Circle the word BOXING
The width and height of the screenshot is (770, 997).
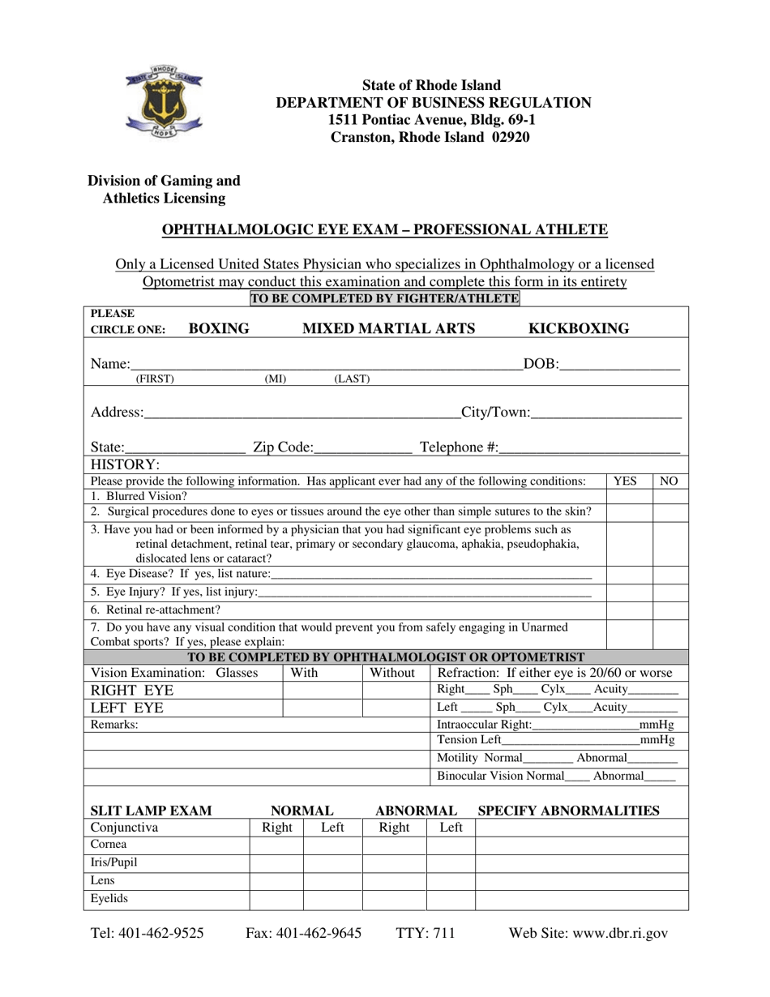(x=219, y=328)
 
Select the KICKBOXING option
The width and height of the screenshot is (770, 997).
(x=579, y=328)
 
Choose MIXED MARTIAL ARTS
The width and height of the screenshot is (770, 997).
(x=388, y=328)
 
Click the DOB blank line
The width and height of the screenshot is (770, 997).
(x=618, y=363)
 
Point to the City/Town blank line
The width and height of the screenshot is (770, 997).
(x=605, y=412)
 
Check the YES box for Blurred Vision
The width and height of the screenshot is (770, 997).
(x=629, y=496)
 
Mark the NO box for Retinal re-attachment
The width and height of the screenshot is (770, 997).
(x=670, y=610)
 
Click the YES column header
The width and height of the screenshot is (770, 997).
(x=629, y=481)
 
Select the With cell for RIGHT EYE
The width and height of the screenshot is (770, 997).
(x=322, y=690)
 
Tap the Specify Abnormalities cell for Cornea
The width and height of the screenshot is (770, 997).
(x=581, y=845)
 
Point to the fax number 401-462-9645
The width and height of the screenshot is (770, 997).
(x=303, y=933)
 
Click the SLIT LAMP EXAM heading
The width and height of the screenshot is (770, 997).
(x=151, y=811)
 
